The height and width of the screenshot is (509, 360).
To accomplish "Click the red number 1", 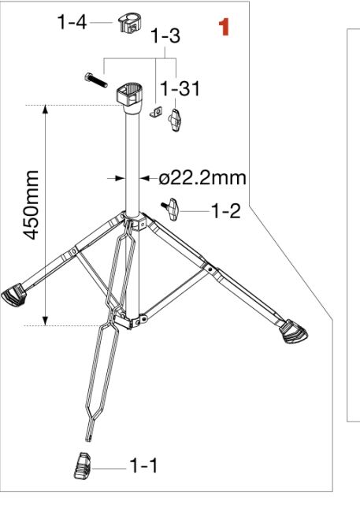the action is tap(225, 27).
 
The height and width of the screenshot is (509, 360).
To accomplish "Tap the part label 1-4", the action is tap(72, 22).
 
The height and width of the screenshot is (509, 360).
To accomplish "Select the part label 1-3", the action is tap(165, 35).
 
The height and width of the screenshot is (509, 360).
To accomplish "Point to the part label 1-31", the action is tap(180, 88).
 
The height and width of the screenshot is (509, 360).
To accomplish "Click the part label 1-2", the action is tap(226, 210).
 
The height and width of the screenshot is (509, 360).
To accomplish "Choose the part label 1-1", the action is tap(143, 465).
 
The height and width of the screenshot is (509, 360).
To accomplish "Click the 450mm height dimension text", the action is tap(32, 205).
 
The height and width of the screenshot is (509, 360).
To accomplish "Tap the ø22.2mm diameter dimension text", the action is tap(202, 178).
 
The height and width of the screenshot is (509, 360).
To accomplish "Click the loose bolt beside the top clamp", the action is tap(96, 80).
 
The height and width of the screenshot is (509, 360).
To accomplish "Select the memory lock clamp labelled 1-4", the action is tap(130, 23).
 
